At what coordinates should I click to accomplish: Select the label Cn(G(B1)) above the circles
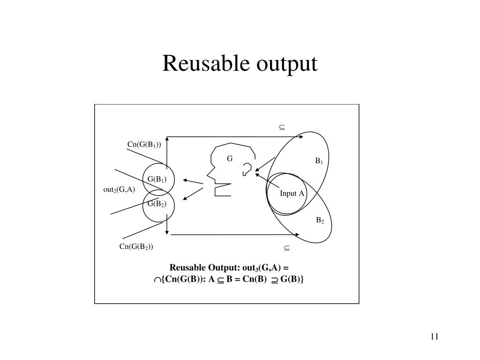coord(144,144)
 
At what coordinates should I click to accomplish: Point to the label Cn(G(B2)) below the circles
coord(136,247)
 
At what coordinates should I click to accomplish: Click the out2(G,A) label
coord(119,189)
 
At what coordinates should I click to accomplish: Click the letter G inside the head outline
coord(230,158)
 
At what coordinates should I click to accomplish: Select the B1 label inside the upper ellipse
coord(319,161)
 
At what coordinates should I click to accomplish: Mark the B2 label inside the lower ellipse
coord(320,220)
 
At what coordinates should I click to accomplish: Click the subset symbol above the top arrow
coord(283,127)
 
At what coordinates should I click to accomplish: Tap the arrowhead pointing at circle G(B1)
coord(186,180)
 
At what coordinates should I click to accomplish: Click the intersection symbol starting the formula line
coord(157,280)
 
